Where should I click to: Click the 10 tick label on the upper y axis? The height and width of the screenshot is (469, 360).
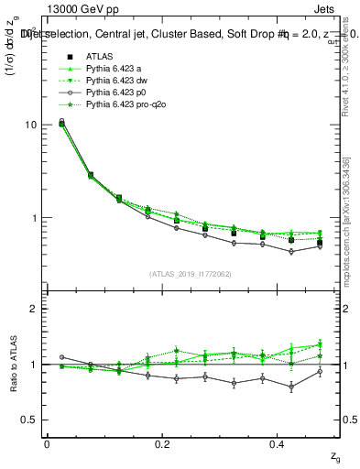click(30, 125)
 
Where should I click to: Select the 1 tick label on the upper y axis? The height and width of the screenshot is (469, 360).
click(33, 218)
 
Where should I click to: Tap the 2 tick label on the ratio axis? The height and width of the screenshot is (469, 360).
click(33, 309)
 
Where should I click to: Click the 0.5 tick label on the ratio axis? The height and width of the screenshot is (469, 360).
click(29, 420)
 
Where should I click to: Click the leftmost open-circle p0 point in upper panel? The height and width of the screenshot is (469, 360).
click(61, 121)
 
